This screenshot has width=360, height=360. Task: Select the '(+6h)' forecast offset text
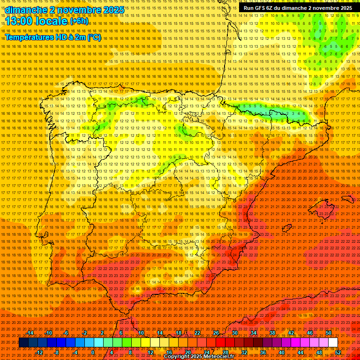[x=78, y=21]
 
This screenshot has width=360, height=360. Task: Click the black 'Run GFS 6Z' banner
[x=298, y=8]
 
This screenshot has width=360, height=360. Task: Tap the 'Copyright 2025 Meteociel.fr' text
[x=199, y=357]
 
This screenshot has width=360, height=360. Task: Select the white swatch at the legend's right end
[x=333, y=343]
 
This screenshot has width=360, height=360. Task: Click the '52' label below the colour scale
[x=338, y=352]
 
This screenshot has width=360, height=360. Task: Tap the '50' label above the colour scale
[x=329, y=333]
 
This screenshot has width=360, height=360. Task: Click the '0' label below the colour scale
[x=93, y=352]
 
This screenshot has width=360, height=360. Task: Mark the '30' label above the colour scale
[x=235, y=333]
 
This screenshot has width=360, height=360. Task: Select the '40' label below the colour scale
[x=281, y=352]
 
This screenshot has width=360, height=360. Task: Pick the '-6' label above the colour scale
[x=66, y=333]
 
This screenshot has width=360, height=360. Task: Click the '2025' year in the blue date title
[x=113, y=10]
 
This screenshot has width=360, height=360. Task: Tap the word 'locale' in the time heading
[x=52, y=21]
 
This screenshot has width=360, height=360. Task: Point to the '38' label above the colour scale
[x=272, y=333]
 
